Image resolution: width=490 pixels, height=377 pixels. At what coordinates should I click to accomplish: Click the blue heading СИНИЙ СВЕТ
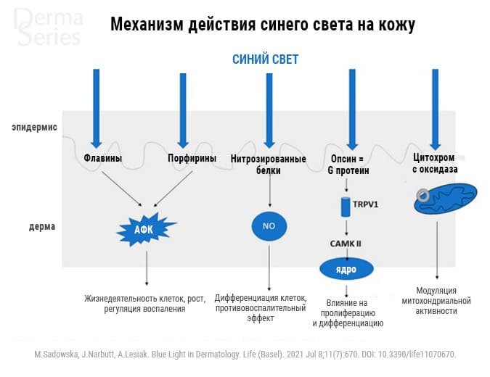tap(265, 59)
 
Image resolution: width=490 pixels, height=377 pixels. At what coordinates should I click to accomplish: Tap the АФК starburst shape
tap(145, 230)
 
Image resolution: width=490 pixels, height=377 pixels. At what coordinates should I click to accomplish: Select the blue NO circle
tap(269, 226)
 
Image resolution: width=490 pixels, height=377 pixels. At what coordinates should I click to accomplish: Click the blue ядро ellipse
tap(346, 269)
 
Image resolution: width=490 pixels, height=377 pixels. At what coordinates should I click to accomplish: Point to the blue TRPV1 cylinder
tap(346, 207)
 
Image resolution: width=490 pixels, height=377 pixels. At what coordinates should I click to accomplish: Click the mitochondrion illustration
tap(445, 199)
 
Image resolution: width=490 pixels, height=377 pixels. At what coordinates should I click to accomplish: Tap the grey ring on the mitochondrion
tap(422, 195)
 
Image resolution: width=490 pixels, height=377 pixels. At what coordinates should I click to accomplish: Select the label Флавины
tap(103, 158)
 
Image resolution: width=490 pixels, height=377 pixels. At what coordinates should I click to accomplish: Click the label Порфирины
tap(192, 158)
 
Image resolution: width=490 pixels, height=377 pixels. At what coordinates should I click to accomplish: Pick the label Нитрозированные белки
tap(268, 165)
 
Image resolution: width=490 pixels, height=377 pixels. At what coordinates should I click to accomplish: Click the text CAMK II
tap(346, 244)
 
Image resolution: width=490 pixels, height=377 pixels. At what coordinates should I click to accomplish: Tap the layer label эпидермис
tap(34, 128)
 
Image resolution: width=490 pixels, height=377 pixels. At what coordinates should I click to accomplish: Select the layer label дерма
tap(42, 226)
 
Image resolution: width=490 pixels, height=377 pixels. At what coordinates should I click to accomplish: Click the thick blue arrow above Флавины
tap(97, 109)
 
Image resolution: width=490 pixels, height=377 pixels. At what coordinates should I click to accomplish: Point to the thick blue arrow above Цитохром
tap(435, 109)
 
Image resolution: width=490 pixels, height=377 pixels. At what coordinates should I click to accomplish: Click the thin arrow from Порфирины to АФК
tap(173, 188)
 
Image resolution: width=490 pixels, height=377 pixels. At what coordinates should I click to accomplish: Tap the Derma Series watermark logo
tap(49, 28)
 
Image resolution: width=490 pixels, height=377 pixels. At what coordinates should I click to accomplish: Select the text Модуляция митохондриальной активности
tap(436, 301)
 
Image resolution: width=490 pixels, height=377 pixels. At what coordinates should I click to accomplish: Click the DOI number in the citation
tap(417, 355)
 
